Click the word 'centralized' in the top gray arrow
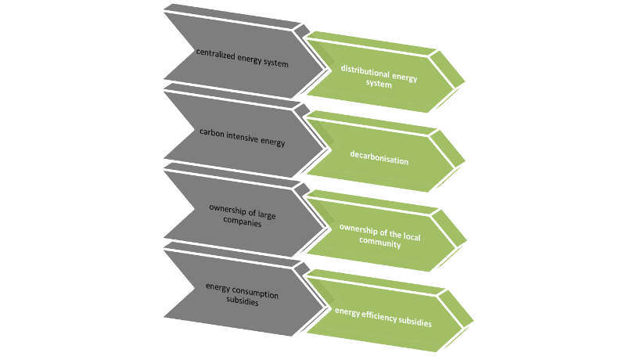pos(215,54)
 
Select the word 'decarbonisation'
pos(379,157)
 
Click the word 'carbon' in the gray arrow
pos(212,132)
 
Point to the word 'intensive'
pos(242,137)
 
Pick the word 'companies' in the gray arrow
pos(243,222)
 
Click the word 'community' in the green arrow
pos(380,242)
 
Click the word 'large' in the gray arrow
pos(267,215)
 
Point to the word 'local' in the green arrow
pos(412,236)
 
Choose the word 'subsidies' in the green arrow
pos(415,321)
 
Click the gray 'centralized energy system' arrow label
pos(243,58)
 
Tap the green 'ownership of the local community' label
pos(380,236)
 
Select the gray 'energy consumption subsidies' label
pos(243,294)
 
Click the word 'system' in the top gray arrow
pos(276,63)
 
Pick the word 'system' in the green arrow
pos(379,84)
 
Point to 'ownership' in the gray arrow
pos(228,210)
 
